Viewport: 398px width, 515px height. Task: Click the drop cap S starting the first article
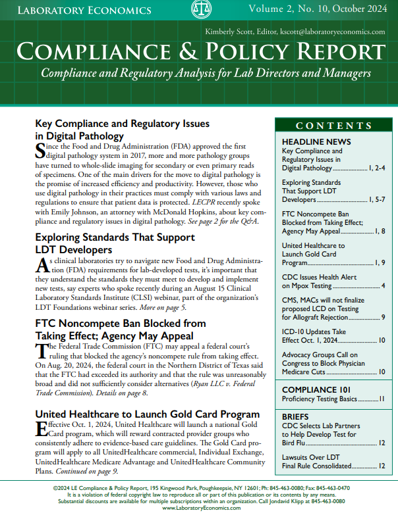point(40,151)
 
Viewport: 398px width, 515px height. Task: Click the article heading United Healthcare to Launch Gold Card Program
point(147,414)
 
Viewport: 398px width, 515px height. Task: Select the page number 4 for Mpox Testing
point(383,286)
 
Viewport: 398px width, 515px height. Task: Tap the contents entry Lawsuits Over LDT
point(311,456)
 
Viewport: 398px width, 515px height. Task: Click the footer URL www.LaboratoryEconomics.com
point(200,508)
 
